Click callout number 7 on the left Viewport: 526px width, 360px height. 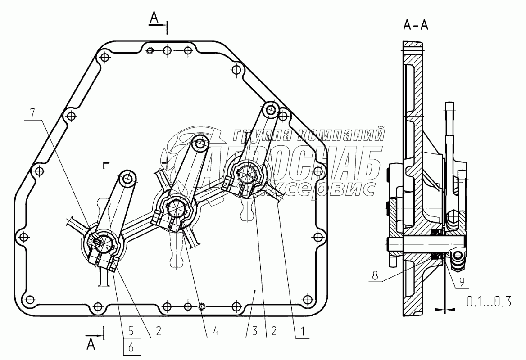(x=32, y=113)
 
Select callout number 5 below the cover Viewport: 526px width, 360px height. (x=131, y=331)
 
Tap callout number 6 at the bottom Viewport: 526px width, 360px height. (x=131, y=347)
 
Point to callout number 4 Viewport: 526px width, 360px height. (x=215, y=331)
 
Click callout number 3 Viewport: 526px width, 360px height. (x=255, y=331)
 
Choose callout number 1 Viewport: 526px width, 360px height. (x=302, y=331)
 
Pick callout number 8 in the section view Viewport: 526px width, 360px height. (x=375, y=275)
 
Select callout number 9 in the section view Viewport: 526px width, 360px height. (x=462, y=282)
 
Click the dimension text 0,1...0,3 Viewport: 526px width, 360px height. (x=489, y=301)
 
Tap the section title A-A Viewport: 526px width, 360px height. (x=416, y=24)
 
